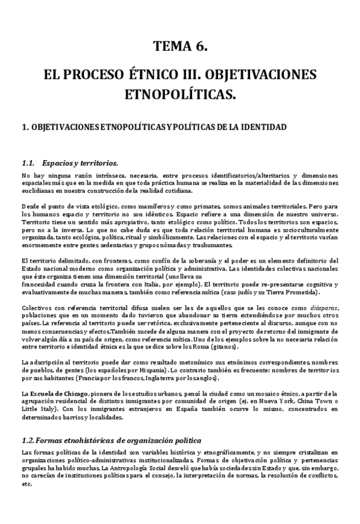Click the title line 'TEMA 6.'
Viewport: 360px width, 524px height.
click(x=180, y=46)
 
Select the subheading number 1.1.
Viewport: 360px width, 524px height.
click(x=28, y=163)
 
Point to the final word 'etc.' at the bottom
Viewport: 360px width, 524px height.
click(x=27, y=484)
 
